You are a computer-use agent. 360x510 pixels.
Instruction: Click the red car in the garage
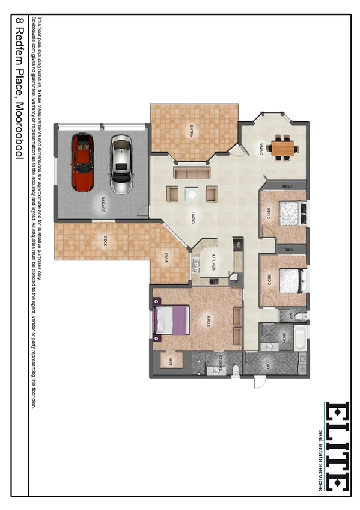click(83, 162)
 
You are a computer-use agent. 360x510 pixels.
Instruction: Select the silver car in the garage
click(121, 164)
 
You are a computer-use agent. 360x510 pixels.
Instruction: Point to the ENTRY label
click(191, 130)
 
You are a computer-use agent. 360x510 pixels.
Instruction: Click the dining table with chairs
click(282, 147)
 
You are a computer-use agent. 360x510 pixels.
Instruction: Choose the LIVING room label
click(193, 217)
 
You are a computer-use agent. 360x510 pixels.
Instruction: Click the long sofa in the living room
click(192, 173)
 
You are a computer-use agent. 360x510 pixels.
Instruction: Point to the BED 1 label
click(208, 321)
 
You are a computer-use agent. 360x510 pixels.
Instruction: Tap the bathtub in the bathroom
click(298, 338)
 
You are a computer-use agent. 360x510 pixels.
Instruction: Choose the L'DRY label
click(268, 363)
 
